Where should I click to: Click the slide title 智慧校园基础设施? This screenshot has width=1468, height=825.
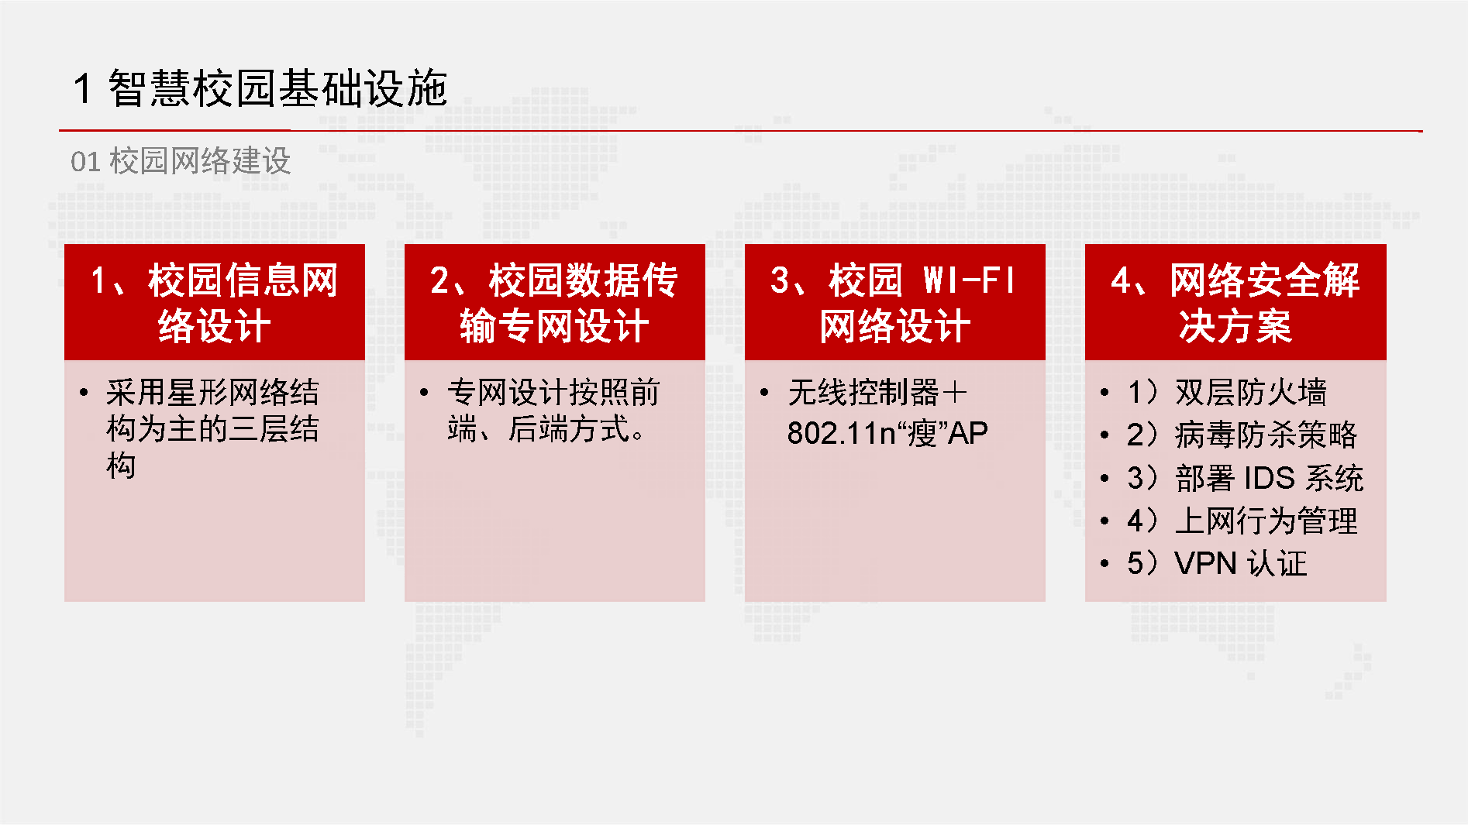[x=277, y=88]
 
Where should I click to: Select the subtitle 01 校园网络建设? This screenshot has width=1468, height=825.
[x=181, y=161]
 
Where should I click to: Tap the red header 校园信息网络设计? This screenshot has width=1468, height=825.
[x=214, y=302]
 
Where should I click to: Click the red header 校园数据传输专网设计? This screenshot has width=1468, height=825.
[x=554, y=302]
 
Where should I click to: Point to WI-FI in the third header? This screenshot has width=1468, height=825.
[x=969, y=280]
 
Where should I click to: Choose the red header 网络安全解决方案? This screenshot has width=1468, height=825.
[x=1235, y=302]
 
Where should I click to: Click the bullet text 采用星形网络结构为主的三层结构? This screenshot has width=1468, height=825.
[x=212, y=428]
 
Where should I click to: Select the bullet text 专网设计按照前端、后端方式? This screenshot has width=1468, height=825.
[x=553, y=411]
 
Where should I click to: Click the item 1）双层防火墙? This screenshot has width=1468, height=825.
[x=1227, y=392]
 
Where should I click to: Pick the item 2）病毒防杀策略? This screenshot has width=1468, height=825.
[x=1242, y=435]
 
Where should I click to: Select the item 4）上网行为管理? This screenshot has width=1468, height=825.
[x=1242, y=521]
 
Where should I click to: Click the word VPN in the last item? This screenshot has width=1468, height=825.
[x=1205, y=563]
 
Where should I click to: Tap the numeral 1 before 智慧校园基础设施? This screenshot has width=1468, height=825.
[x=83, y=88]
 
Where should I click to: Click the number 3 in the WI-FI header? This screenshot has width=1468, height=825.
[x=779, y=280]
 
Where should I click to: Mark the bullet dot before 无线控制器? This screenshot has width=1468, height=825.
[x=764, y=393]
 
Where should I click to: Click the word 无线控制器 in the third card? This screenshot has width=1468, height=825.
[x=863, y=393]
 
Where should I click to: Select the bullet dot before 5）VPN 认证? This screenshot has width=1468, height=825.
[x=1104, y=564]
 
